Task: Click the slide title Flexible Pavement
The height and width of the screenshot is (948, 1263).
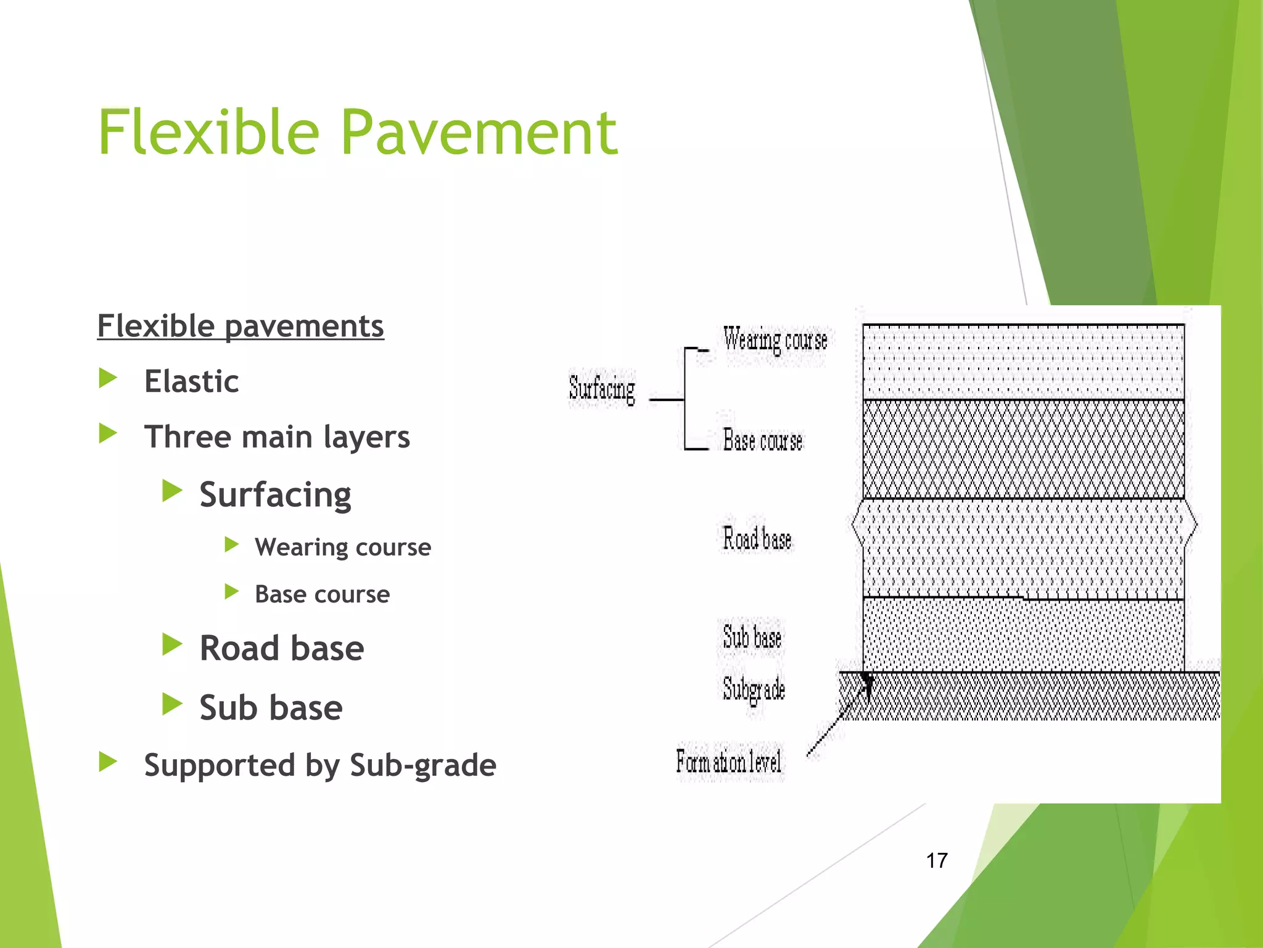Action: pos(358,132)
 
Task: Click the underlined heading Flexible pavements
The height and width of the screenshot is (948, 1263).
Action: pos(241,326)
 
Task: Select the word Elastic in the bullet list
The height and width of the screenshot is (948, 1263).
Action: pos(191,381)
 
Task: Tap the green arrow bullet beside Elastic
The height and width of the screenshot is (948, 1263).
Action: pos(108,378)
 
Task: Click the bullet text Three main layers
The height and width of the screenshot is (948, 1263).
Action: pos(277,437)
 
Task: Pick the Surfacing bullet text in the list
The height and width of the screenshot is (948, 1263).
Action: pos(275,494)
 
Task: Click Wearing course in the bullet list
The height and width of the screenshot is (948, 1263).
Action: pos(343,547)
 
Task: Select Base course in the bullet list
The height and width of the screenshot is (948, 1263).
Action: pos(322,594)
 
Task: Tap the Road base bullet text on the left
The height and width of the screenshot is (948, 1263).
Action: pos(282,648)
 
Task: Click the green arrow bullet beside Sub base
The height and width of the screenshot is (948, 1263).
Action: pos(172,704)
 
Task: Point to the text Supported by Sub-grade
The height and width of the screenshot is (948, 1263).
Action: pos(320,765)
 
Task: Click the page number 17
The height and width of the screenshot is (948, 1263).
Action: pos(937,860)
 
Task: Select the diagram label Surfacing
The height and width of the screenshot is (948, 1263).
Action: pos(602,389)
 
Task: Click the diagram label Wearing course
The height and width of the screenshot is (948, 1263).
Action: pos(775,340)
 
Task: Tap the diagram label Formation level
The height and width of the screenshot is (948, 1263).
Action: pos(728,762)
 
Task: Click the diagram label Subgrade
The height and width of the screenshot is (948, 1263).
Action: pos(754,689)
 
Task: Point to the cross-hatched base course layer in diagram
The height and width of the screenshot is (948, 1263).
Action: pos(1023,449)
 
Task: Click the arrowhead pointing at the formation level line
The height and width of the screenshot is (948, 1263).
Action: pos(867,683)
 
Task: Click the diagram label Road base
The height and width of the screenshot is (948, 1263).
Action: pos(757,538)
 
